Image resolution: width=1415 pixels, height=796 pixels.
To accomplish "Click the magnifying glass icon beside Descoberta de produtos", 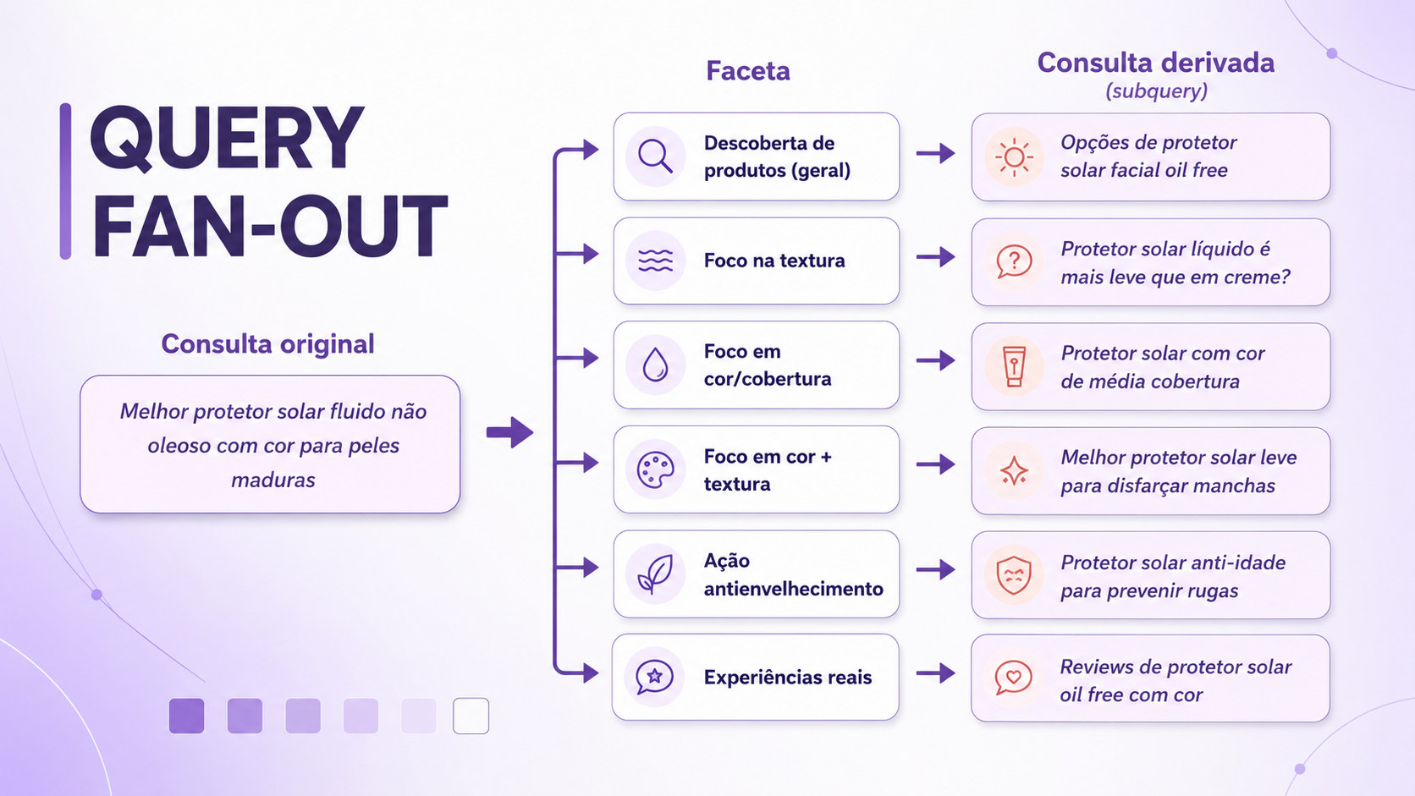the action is [655, 156].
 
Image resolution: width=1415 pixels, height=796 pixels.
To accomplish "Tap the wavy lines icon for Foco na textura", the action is [655, 260].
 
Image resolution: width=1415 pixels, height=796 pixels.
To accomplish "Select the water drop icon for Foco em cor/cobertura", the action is [655, 365].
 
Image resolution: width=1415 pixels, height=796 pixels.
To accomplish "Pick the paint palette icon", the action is [655, 469].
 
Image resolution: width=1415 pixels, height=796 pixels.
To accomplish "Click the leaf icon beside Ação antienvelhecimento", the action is [655, 574].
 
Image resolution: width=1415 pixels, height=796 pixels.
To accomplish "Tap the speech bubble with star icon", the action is [654, 677].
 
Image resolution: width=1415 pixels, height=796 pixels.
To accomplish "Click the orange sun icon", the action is [1014, 156].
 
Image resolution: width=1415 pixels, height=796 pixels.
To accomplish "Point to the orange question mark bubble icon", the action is [1014, 261].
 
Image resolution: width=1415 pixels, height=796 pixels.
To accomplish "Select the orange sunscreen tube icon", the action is [1014, 365].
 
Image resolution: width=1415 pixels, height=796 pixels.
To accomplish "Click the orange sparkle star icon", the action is [1014, 471].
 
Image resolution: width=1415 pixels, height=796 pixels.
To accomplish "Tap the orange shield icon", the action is [1014, 575].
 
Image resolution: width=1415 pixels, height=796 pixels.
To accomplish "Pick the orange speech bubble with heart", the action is [1013, 678].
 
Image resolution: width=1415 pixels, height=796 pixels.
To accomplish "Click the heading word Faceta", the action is [748, 71].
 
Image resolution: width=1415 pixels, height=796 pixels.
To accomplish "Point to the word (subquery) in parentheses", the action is [1156, 91].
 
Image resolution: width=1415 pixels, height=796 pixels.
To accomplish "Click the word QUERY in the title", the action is [227, 138].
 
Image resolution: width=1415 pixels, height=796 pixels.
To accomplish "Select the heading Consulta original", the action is [267, 344].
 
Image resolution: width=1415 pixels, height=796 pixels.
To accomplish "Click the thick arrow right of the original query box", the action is [509, 432].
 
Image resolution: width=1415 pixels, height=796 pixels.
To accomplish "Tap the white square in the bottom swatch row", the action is [471, 716].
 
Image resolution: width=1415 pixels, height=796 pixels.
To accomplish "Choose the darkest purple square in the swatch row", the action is [186, 716].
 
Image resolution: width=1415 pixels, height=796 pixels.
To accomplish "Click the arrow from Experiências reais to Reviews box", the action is [935, 673].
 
